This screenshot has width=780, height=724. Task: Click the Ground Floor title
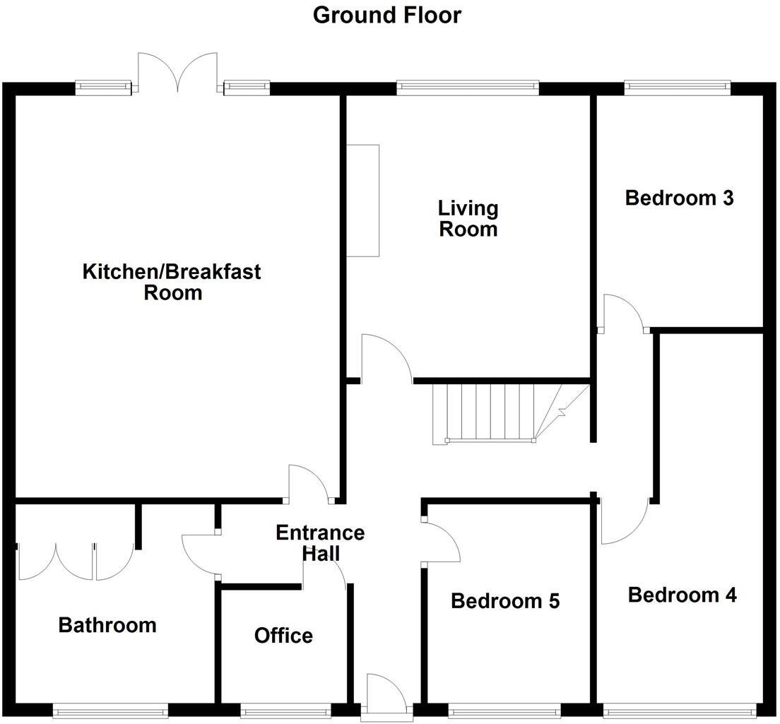[386, 15]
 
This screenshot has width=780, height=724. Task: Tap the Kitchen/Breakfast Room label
[172, 281]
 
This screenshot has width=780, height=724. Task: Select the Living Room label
[468, 218]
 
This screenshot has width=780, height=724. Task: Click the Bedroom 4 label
[682, 595]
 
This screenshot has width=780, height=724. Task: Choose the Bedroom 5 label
[505, 601]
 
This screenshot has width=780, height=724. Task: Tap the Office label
[283, 636]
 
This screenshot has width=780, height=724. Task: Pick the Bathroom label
[107, 625]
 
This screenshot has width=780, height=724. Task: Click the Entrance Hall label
[320, 542]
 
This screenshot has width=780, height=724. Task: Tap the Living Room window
[468, 88]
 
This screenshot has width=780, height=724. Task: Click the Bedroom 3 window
[677, 88]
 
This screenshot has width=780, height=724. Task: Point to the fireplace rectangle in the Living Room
[362, 201]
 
